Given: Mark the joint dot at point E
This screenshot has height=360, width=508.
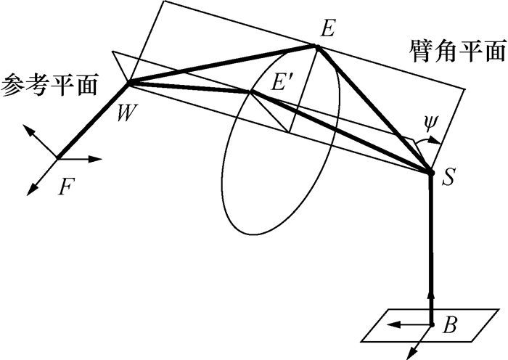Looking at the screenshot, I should click(316, 48).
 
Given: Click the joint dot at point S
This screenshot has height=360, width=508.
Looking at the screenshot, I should click(430, 173).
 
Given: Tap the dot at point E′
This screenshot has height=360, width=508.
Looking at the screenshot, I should click(250, 92).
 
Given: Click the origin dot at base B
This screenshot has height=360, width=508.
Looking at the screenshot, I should click(431, 324).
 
